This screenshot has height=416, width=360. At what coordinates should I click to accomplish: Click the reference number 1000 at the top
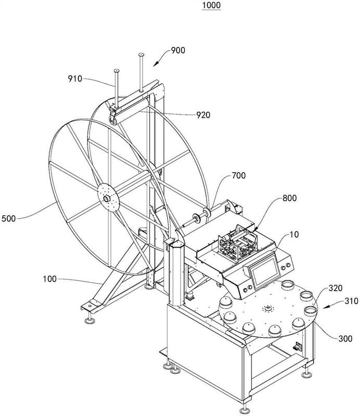tap(211, 5)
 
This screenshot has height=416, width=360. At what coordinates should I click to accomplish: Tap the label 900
tap(178, 50)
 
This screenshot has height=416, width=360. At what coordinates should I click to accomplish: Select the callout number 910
tap(75, 79)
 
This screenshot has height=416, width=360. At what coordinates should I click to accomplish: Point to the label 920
tap(203, 115)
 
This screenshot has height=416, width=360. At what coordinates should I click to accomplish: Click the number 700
tap(239, 175)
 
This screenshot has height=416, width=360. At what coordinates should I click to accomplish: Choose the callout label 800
tap(290, 198)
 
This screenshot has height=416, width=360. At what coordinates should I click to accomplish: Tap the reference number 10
tap(294, 235)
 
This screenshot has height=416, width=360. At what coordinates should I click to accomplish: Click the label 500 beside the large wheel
tap(8, 218)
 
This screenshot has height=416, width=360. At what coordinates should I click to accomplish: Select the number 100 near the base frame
tap(50, 279)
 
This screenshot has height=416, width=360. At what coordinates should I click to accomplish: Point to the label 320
tap(336, 288)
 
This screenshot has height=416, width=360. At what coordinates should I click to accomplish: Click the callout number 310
tap(352, 301)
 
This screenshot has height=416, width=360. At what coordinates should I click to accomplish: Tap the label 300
tap(345, 339)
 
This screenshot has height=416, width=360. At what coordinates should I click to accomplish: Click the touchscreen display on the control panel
tap(266, 270)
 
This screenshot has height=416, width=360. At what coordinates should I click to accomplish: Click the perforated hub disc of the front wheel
tap(108, 198)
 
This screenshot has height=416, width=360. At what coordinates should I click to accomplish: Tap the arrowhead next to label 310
tap(326, 307)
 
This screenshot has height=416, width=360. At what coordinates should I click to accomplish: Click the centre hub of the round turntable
tap(267, 308)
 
